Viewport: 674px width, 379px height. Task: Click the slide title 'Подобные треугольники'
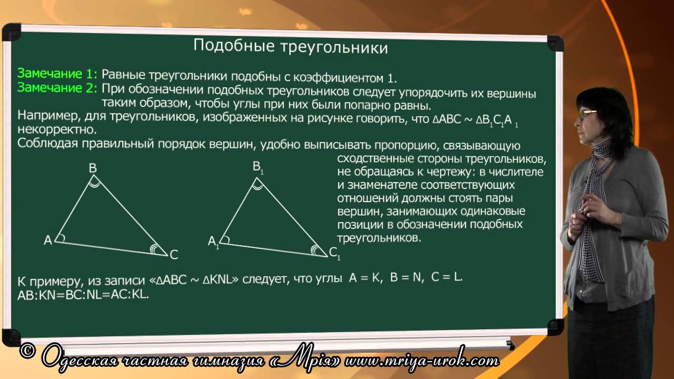coord(290,47)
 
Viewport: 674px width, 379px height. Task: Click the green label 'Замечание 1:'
coord(57,73)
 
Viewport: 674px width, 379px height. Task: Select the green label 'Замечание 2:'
coord(57,87)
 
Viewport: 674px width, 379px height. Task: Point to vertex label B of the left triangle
coord(93,168)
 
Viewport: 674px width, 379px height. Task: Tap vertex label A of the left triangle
coord(48,240)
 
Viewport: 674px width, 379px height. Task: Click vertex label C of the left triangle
coord(174,255)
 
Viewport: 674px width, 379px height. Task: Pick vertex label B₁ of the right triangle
coord(257,167)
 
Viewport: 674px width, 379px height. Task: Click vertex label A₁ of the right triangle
coord(213,241)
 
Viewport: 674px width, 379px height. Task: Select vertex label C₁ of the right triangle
coord(334,254)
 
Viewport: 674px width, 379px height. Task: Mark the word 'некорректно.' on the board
coord(57,129)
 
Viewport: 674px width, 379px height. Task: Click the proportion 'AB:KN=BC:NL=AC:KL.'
coord(83,295)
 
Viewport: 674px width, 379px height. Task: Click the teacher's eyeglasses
coord(588,112)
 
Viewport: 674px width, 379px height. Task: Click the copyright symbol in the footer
coord(28,351)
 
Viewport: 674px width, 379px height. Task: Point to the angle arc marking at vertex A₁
coord(224,241)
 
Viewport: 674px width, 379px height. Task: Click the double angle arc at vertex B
coord(95,182)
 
